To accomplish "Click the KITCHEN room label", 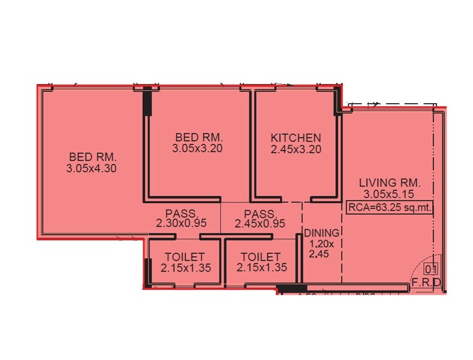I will [296, 137].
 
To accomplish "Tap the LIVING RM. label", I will [390, 182].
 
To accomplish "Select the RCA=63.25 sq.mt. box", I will [390, 208].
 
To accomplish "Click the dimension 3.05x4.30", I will [91, 169].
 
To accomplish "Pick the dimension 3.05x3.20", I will [197, 148].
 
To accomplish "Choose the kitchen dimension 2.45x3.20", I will [296, 148].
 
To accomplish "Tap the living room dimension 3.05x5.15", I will [390, 194].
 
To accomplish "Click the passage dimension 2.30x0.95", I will [182, 223].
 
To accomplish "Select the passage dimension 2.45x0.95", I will [261, 223].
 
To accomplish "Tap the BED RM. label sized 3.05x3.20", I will [197, 137].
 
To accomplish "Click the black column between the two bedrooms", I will [147, 106].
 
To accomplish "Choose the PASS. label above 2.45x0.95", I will [261, 214].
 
